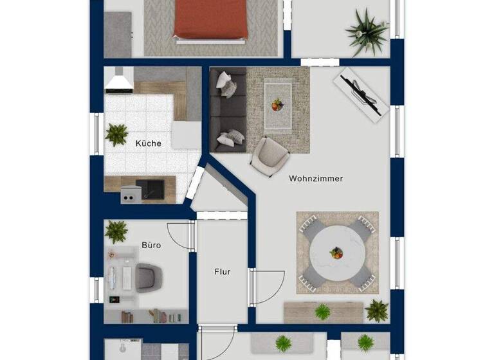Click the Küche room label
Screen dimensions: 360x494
click(148, 143)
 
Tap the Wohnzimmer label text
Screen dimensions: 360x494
click(316, 179)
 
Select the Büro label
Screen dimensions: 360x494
click(151, 245)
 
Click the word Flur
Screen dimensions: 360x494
click(222, 271)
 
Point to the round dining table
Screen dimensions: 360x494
click(336, 253)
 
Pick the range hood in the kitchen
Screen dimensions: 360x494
click(119, 80)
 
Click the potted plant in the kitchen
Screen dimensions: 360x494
click(116, 134)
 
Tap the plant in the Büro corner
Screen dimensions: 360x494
click(116, 231)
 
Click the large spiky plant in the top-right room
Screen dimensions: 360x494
click(366, 30)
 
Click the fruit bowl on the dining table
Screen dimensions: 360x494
click(336, 253)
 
